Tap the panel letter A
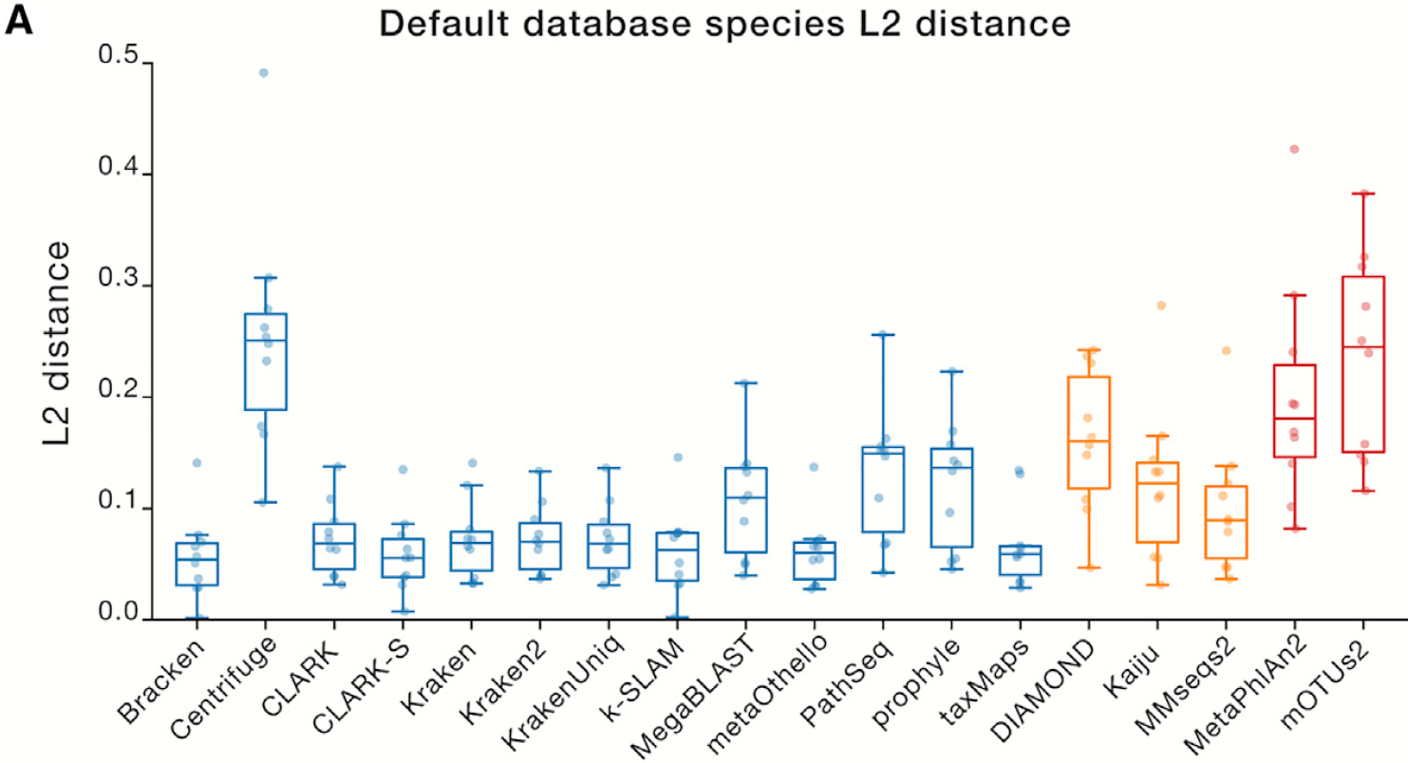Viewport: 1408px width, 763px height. coord(20,21)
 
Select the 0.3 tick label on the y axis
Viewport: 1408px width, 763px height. coord(120,287)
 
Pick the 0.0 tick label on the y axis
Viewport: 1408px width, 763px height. coord(120,619)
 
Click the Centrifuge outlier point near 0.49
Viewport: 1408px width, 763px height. coord(264,73)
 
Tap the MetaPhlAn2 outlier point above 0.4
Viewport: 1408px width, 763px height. coord(1293,149)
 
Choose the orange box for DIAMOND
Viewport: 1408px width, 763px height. coord(1090,432)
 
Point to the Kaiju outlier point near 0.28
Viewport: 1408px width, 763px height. coord(1160,306)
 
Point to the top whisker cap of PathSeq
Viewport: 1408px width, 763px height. coord(884,334)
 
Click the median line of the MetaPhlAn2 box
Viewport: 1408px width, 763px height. coord(1293,419)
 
